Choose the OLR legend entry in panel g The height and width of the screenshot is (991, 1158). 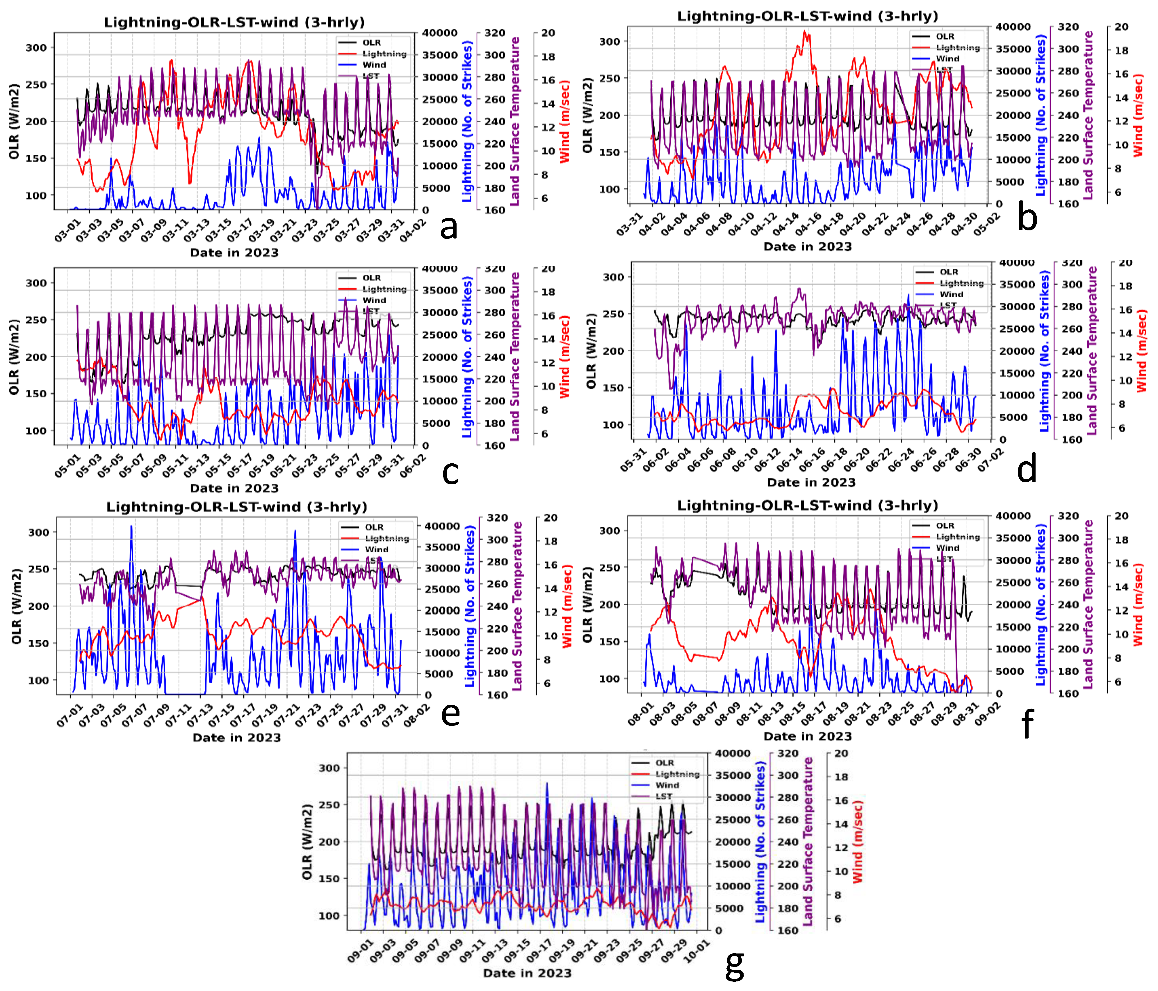pyautogui.click(x=664, y=763)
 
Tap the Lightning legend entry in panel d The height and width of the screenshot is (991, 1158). pyautogui.click(x=961, y=283)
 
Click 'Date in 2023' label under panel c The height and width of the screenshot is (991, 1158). pyautogui.click(x=234, y=488)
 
